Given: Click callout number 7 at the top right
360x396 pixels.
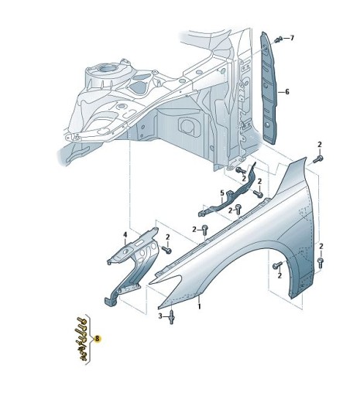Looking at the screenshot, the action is point(292,38).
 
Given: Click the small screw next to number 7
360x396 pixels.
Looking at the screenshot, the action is point(278,39).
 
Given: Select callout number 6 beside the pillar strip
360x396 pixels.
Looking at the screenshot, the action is point(287,91).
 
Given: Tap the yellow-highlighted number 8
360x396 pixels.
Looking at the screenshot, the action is point(98,338).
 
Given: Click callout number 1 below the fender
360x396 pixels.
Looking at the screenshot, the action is point(199,306).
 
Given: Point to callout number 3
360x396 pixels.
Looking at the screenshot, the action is point(160,316).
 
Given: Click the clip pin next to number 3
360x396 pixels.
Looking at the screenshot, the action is point(172,317).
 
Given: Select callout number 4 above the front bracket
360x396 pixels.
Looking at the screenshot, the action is point(125,235).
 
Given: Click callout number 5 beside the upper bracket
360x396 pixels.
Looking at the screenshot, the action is point(222,193).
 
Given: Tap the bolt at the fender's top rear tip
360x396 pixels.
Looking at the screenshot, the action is point(318,159).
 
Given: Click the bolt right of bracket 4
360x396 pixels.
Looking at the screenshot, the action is point(166,249).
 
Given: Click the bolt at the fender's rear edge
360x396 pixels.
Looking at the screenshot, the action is point(321,263).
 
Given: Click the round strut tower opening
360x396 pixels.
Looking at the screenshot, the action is point(108,69).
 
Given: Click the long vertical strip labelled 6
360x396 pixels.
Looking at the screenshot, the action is point(268,87).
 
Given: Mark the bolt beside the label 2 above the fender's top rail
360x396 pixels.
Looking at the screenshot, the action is point(205,229).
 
